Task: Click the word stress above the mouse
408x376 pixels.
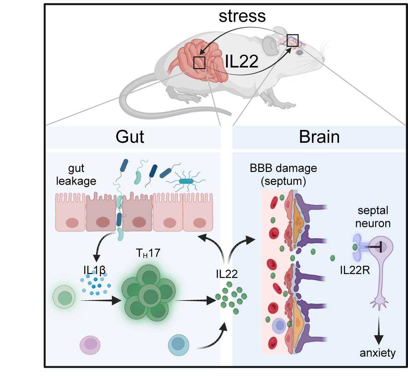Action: tap(242, 16)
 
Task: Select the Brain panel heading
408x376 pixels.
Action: tap(319, 137)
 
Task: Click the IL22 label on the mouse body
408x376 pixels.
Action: tap(242, 61)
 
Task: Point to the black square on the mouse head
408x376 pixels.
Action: tap(292, 40)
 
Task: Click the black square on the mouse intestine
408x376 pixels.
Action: tap(199, 62)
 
